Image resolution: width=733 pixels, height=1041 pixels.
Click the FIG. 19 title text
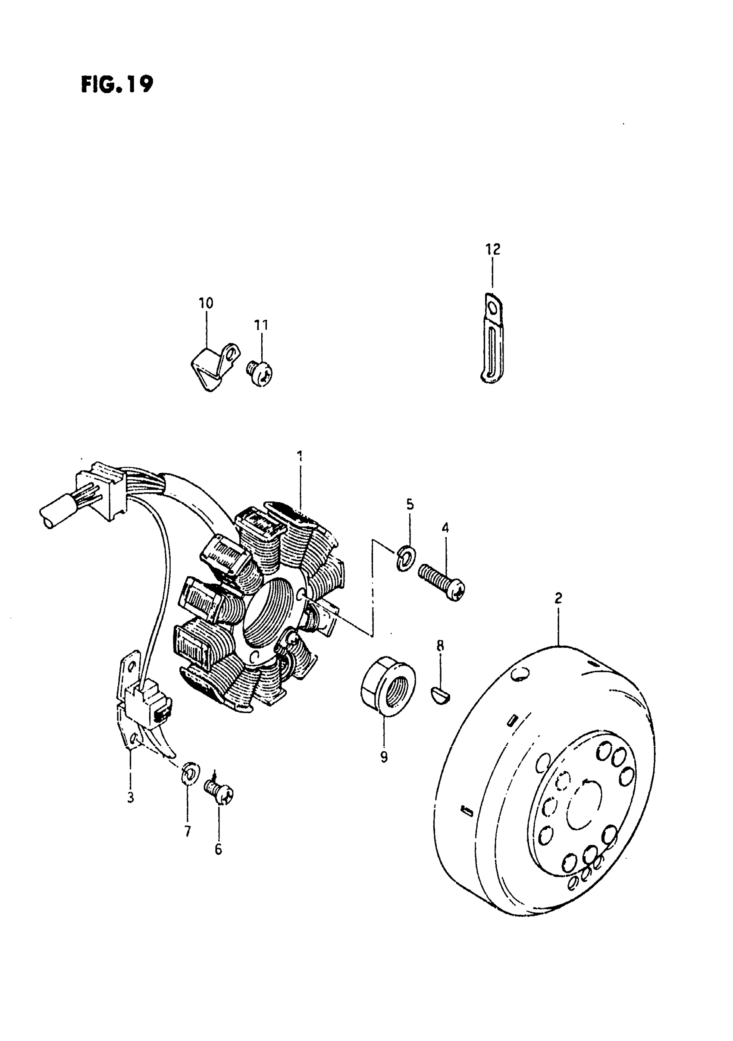tap(117, 84)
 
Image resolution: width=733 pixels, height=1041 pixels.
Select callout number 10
tap(206, 303)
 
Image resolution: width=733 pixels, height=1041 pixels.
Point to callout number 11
tap(261, 325)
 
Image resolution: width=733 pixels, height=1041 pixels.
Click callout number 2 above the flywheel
tap(558, 598)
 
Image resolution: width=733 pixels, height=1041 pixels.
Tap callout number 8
tap(440, 646)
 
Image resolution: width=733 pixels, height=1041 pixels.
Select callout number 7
tap(187, 831)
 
